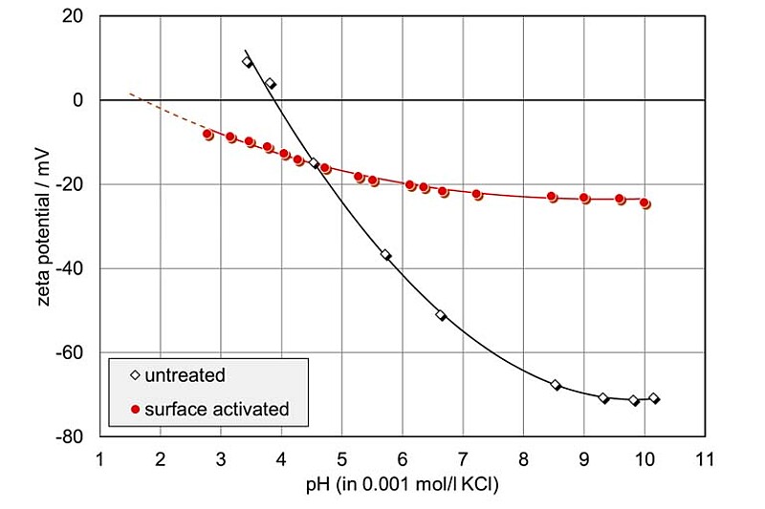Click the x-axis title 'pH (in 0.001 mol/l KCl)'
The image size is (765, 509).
[402, 484]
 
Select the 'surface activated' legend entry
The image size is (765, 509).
[208, 409]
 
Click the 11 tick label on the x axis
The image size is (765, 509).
[706, 458]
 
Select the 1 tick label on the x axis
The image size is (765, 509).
[99, 458]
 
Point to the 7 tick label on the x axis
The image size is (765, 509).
[463, 458]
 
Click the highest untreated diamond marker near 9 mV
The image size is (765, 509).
[248, 62]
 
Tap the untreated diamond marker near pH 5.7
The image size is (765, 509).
[385, 255]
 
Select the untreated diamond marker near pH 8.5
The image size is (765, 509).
[556, 385]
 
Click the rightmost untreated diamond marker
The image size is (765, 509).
[654, 398]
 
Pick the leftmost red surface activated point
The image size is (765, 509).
[208, 135]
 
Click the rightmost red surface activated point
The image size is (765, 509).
[645, 203]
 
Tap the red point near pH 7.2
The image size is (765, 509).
[477, 195]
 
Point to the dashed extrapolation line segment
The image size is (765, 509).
[163, 112]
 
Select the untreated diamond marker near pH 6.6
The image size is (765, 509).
[441, 315]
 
